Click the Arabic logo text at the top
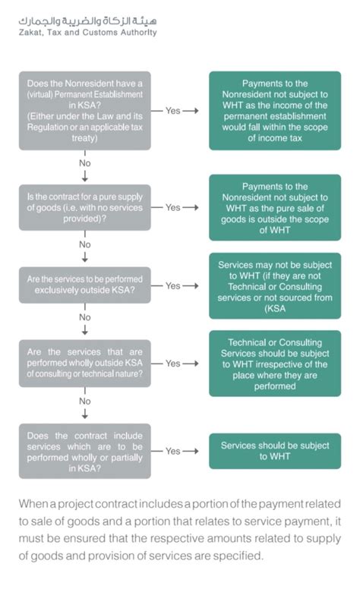[x=87, y=21]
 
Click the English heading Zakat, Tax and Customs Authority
[x=87, y=33]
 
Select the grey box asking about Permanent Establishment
[x=85, y=111]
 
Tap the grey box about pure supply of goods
[x=85, y=207]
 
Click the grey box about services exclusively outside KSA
[x=85, y=285]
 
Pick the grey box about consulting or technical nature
[x=85, y=364]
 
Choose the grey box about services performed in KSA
[x=85, y=451]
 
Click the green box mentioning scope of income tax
[x=275, y=111]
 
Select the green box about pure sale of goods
[x=275, y=208]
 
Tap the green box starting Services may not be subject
[x=275, y=286]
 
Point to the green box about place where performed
[x=275, y=364]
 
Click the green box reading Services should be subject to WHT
[x=275, y=451]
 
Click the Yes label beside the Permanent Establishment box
[x=173, y=111]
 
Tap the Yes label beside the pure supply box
[x=173, y=207]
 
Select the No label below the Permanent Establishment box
[x=85, y=163]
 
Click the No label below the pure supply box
[x=85, y=244]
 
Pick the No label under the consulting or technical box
[x=85, y=402]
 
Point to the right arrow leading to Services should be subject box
[x=191, y=451]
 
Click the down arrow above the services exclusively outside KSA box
[x=85, y=257]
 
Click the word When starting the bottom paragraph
[x=33, y=504]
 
